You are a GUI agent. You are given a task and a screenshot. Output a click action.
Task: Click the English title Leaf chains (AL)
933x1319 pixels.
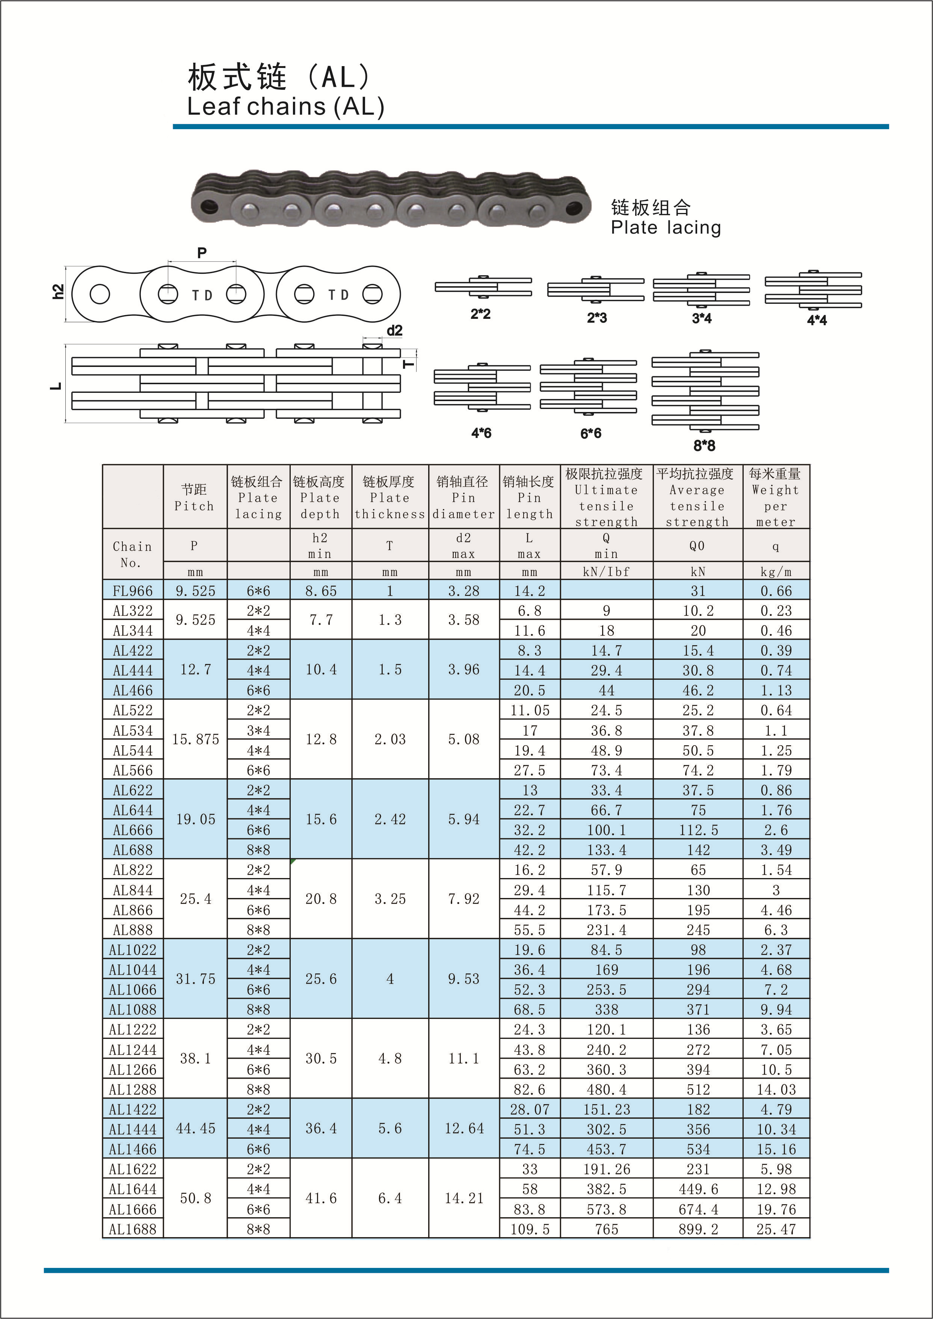click(x=285, y=107)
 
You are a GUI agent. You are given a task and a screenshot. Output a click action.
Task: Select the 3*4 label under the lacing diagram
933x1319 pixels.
click(x=702, y=318)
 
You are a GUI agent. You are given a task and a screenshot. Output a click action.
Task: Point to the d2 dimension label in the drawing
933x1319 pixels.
click(x=395, y=331)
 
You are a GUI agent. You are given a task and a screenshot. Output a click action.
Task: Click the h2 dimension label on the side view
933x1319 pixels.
click(x=58, y=292)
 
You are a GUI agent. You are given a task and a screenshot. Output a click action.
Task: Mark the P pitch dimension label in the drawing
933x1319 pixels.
click(x=202, y=253)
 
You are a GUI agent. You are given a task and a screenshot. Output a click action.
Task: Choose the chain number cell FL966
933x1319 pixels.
click(x=133, y=590)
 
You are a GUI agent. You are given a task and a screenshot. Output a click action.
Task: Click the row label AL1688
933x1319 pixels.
click(x=133, y=1229)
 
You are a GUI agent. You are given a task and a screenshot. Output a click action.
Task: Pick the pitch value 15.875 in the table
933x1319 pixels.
click(x=195, y=739)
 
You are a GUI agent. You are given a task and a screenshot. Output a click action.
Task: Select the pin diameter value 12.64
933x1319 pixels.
click(x=463, y=1129)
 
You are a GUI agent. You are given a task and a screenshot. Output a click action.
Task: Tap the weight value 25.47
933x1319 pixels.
click(x=776, y=1229)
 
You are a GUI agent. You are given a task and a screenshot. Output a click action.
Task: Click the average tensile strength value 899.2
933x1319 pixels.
click(x=697, y=1229)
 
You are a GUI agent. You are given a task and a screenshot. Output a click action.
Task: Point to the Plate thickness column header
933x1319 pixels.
click(x=390, y=498)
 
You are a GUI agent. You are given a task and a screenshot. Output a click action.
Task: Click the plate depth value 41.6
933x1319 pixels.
click(x=320, y=1198)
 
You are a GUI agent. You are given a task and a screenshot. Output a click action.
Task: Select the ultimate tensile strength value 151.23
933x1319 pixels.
click(x=606, y=1109)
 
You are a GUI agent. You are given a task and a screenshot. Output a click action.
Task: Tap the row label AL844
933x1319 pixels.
click(x=133, y=890)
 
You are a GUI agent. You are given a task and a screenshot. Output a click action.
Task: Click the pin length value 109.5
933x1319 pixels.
click(x=530, y=1229)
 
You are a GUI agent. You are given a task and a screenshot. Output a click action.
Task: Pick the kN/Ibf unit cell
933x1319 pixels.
click(x=606, y=572)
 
